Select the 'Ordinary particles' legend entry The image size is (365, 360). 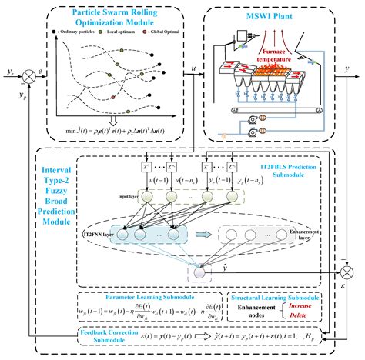click(76, 35)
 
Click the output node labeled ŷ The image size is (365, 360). click(199, 272)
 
